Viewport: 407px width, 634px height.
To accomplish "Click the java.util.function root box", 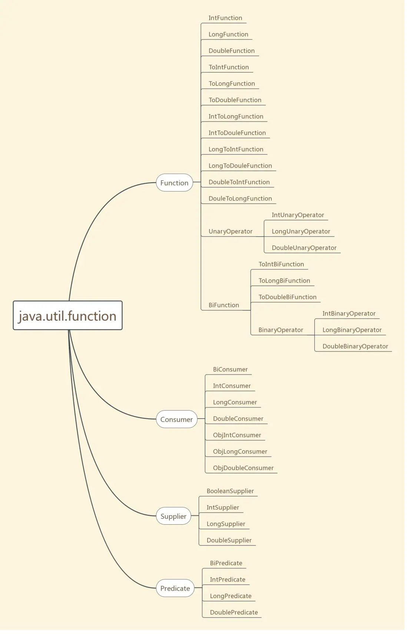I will [x=67, y=316].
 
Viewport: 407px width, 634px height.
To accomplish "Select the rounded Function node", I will [x=174, y=183].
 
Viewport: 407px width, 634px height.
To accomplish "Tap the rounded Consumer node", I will [x=176, y=419].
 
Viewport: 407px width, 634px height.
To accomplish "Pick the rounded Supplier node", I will [x=173, y=516].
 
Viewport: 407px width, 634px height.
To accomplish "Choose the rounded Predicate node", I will [x=175, y=588].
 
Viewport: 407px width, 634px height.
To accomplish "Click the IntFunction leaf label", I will [x=225, y=18].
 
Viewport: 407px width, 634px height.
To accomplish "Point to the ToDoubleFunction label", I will [x=235, y=100].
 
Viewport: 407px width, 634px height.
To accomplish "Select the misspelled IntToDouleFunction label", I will [x=237, y=133].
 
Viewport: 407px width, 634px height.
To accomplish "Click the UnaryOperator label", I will [x=230, y=231].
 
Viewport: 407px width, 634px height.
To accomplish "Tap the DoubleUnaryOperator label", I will [x=304, y=248].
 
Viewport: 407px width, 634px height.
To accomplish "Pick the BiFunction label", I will [x=224, y=305].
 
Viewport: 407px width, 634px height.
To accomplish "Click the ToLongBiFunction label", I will [x=284, y=281].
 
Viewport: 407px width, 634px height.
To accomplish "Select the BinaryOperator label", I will [x=281, y=330].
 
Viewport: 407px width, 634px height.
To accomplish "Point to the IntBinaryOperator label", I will [x=349, y=314].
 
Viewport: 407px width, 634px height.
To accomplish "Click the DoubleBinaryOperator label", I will [x=355, y=346].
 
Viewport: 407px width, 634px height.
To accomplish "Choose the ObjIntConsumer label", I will [x=237, y=435].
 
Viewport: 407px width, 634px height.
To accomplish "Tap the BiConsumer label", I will [x=230, y=369].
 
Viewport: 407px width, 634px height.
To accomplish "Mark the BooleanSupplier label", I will [x=230, y=491].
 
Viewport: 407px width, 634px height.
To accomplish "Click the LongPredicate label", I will [x=231, y=596].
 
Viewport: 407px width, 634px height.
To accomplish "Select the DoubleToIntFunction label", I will [x=239, y=182].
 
